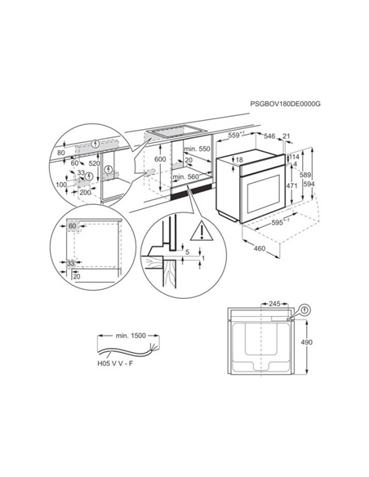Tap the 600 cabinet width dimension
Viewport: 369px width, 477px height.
coord(160,159)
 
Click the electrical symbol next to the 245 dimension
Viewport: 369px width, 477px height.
coord(304,310)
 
